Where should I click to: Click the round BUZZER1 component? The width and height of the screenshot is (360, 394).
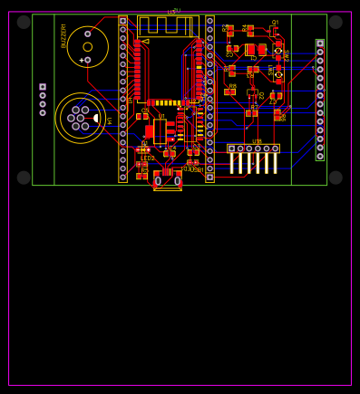coord(87,46)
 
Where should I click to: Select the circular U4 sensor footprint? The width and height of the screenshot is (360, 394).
coord(80,118)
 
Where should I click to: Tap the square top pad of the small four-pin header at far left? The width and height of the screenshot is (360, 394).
coord(43,87)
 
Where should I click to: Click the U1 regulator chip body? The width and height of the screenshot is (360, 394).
coord(161,131)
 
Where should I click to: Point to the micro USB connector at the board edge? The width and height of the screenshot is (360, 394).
coord(168,180)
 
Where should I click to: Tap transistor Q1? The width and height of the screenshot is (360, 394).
coord(273,31)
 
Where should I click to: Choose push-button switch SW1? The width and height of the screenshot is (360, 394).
coord(278,74)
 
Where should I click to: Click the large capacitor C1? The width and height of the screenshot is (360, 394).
coord(250,50)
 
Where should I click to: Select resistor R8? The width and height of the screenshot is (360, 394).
coord(230,91)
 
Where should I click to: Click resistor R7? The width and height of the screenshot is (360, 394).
coord(251,113)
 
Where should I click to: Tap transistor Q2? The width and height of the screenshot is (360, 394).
coord(251,92)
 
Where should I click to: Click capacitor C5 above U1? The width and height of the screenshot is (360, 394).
coord(142,116)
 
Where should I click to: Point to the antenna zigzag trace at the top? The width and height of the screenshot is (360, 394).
coord(169,25)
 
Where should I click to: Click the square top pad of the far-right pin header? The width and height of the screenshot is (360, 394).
coord(320,43)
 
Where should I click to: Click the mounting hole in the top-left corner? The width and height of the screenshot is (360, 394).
coord(24,22)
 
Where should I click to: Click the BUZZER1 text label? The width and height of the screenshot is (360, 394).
coord(63,35)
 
